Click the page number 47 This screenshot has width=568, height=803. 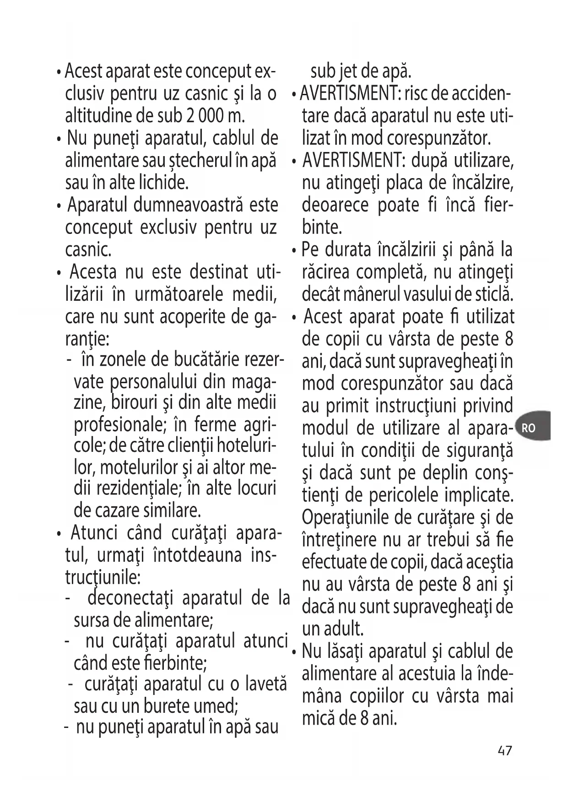point(504,751)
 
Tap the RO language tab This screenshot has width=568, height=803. point(529,429)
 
